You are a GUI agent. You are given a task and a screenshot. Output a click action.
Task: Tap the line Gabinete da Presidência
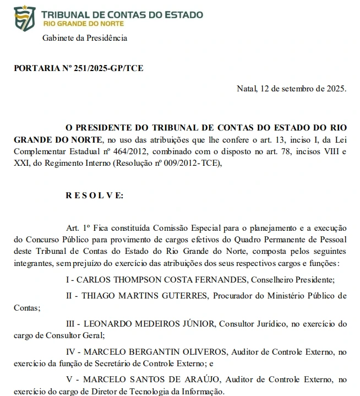[x=85, y=38]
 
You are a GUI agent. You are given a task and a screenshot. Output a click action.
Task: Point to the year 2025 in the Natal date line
[x=335, y=88]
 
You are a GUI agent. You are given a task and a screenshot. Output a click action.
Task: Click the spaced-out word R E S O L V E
[x=95, y=195]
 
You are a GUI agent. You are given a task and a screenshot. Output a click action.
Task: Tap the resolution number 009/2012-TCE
[x=192, y=163]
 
